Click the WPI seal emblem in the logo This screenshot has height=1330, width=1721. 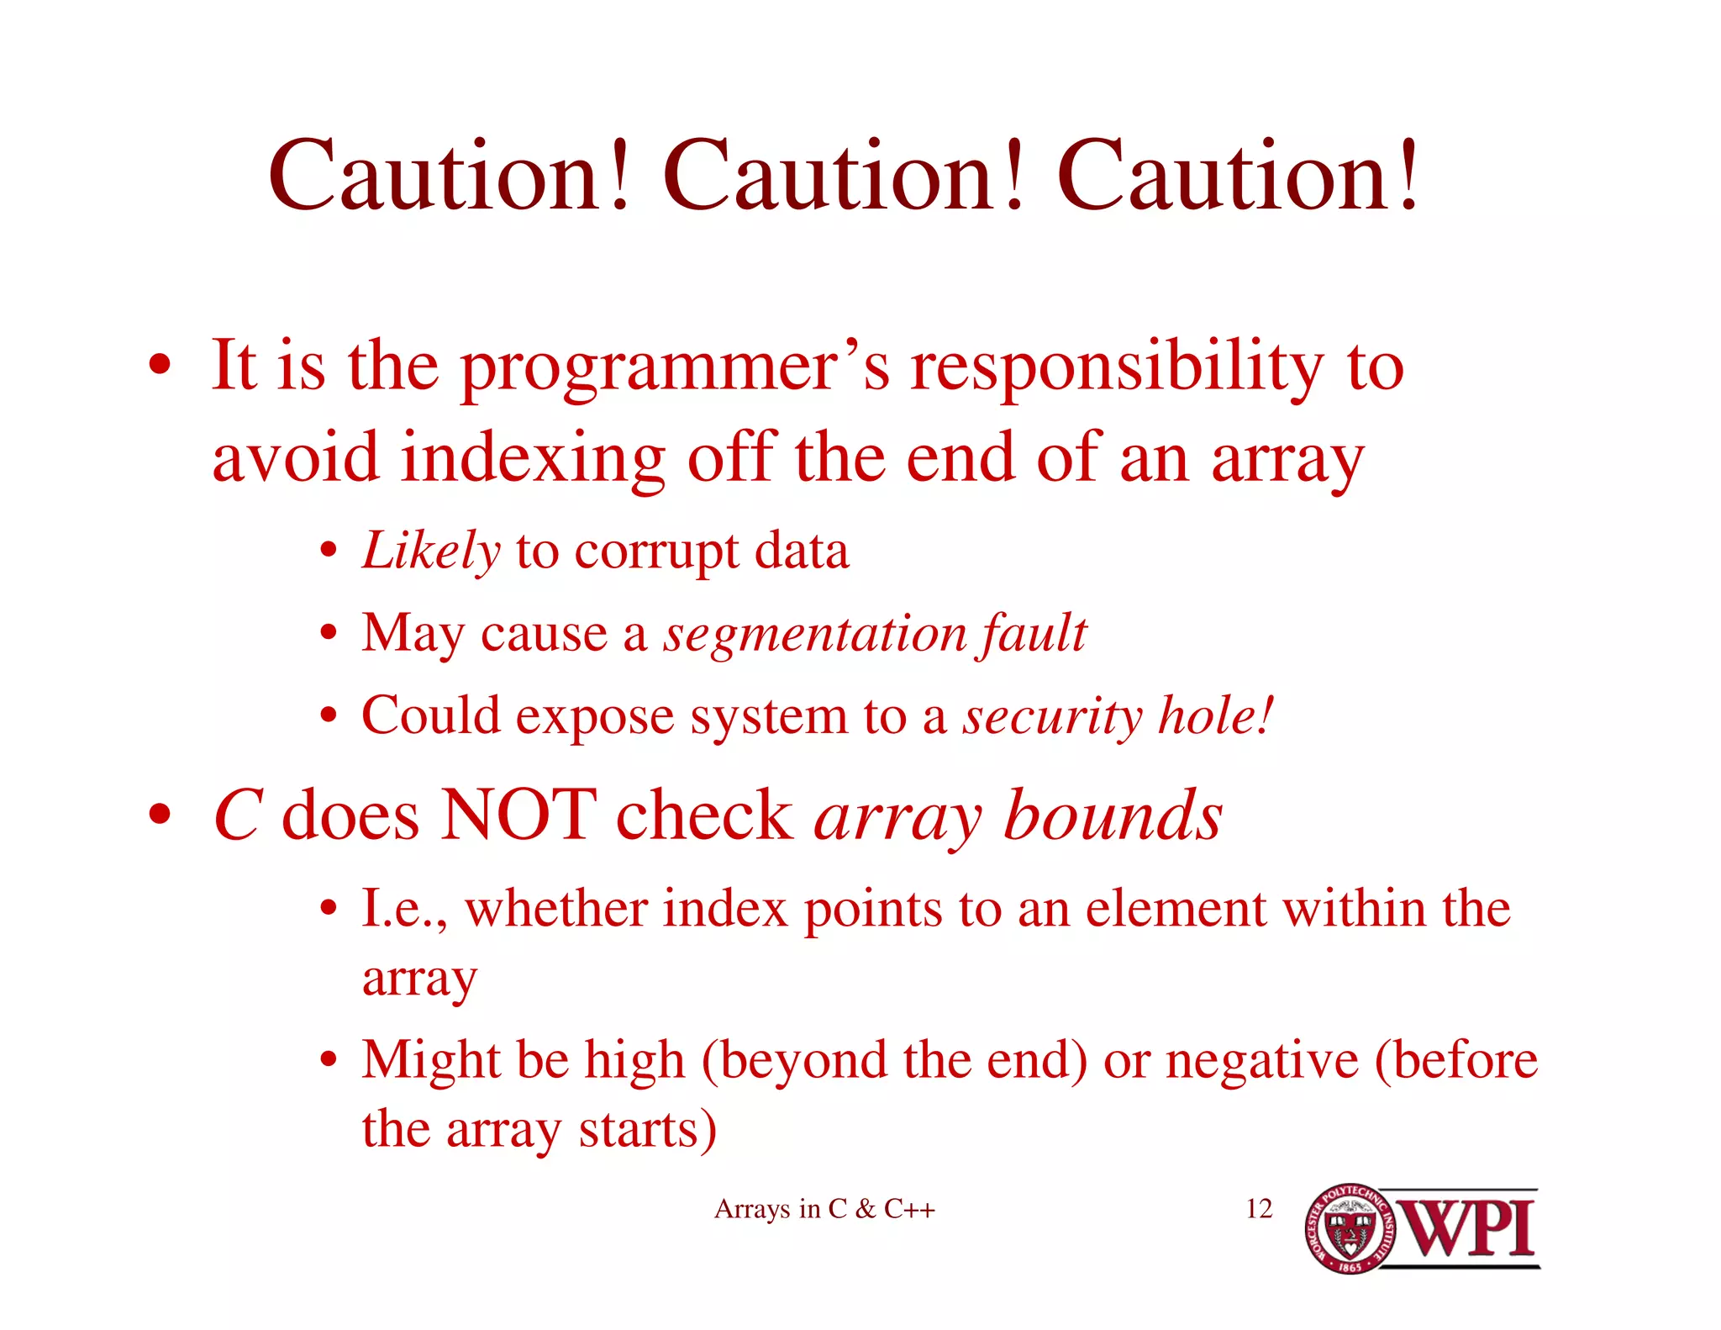1350,1228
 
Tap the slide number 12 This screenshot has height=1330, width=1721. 1259,1209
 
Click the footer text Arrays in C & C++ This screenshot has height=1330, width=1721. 824,1209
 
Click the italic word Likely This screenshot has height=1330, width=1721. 431,552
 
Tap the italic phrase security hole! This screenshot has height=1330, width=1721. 1118,716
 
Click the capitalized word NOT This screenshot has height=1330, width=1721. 518,814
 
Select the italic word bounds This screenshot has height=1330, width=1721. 1113,814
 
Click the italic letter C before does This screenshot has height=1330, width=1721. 239,814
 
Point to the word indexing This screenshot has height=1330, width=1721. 533,458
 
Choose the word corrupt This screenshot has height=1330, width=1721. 657,552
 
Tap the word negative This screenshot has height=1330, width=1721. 1261,1059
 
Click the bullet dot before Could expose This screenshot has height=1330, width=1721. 329,716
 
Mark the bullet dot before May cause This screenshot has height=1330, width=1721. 329,634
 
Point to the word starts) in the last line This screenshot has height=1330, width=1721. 647,1129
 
